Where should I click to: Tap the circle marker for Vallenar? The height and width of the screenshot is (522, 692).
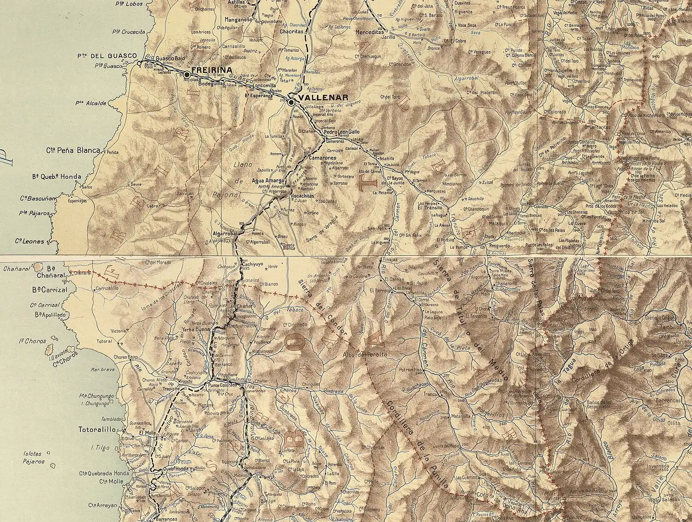tap(291, 103)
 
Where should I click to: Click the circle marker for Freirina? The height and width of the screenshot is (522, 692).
tap(187, 74)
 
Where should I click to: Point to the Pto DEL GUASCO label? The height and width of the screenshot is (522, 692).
tap(107, 56)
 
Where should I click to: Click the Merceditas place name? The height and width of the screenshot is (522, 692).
tap(370, 33)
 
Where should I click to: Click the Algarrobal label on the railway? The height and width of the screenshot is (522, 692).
tap(225, 234)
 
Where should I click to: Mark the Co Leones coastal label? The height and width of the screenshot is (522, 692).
tap(30, 241)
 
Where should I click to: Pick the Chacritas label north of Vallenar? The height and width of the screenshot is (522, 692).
tap(292, 31)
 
